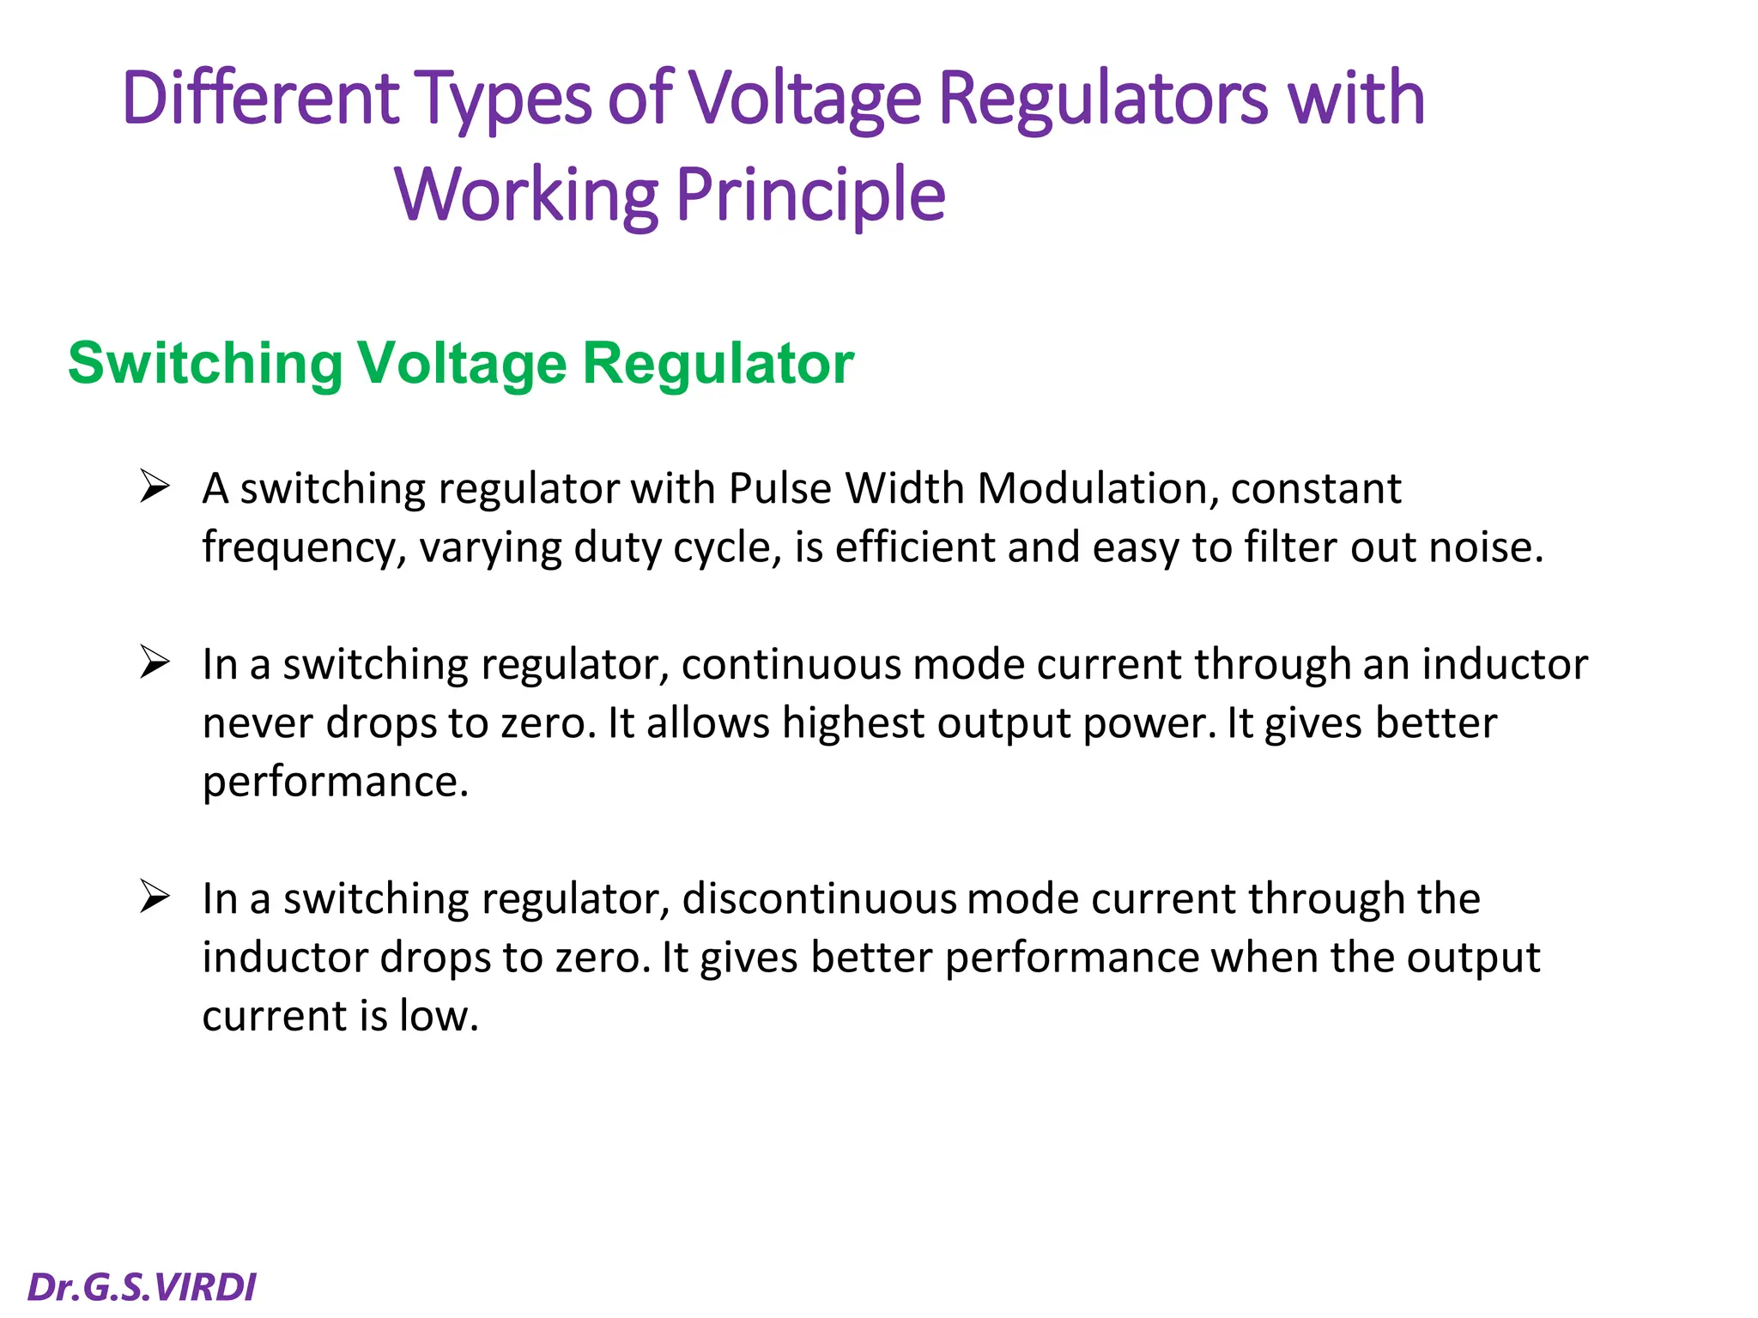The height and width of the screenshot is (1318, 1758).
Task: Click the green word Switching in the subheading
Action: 204,364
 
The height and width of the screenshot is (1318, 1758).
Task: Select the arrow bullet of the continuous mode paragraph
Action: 155,662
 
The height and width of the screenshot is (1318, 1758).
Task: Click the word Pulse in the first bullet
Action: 780,489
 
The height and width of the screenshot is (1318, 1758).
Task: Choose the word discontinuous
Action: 819,899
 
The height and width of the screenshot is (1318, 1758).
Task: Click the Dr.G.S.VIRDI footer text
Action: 142,1287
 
